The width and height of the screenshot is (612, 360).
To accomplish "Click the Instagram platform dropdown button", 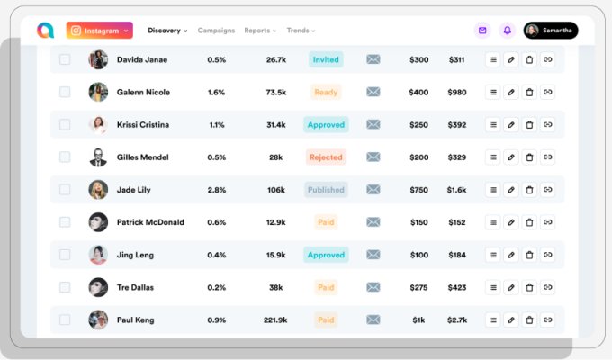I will pyautogui.click(x=99, y=31).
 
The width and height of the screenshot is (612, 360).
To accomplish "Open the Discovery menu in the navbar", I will pyautogui.click(x=167, y=31).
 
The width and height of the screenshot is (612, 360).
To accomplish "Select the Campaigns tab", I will pyautogui.click(x=215, y=31).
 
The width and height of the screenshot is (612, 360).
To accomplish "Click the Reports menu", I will pyautogui.click(x=260, y=31).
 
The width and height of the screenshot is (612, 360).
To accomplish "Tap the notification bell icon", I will pyautogui.click(x=508, y=31).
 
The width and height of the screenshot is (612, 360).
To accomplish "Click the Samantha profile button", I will pyautogui.click(x=551, y=31).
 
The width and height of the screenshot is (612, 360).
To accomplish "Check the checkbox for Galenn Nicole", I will pyautogui.click(x=65, y=92).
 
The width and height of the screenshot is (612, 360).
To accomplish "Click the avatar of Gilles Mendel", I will pyautogui.click(x=98, y=157).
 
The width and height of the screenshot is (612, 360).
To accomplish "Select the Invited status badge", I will pyautogui.click(x=326, y=59).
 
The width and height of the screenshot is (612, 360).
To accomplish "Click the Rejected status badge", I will pyautogui.click(x=326, y=157).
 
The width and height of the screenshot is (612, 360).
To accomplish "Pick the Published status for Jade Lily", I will pyautogui.click(x=326, y=190).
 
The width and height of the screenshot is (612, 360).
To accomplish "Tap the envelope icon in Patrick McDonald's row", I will pyautogui.click(x=373, y=222).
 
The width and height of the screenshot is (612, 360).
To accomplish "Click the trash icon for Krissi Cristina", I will pyautogui.click(x=529, y=124).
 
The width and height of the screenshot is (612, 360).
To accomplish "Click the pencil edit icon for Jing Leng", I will pyautogui.click(x=510, y=255).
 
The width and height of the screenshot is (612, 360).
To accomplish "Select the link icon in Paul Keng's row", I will pyautogui.click(x=548, y=319).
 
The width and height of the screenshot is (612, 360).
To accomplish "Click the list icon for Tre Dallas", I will pyautogui.click(x=492, y=287).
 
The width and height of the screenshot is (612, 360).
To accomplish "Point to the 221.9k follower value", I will pyautogui.click(x=275, y=319).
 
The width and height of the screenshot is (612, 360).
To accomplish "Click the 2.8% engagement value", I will pyautogui.click(x=216, y=190).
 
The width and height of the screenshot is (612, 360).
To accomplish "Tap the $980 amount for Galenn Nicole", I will pyautogui.click(x=457, y=92).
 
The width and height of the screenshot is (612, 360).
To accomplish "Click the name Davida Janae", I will pyautogui.click(x=143, y=59).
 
